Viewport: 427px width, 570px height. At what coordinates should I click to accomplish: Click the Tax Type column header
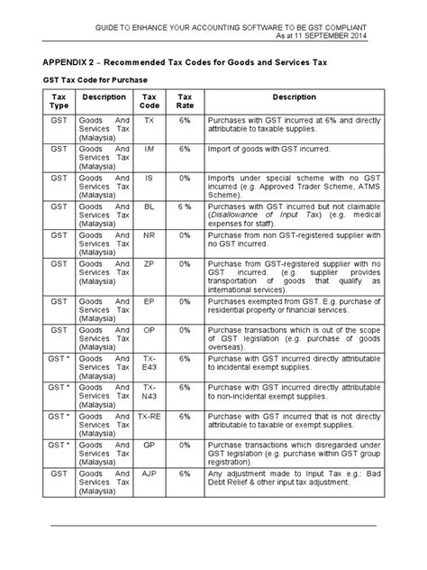59,100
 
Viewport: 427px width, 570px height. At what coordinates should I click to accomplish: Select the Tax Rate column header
185,100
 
